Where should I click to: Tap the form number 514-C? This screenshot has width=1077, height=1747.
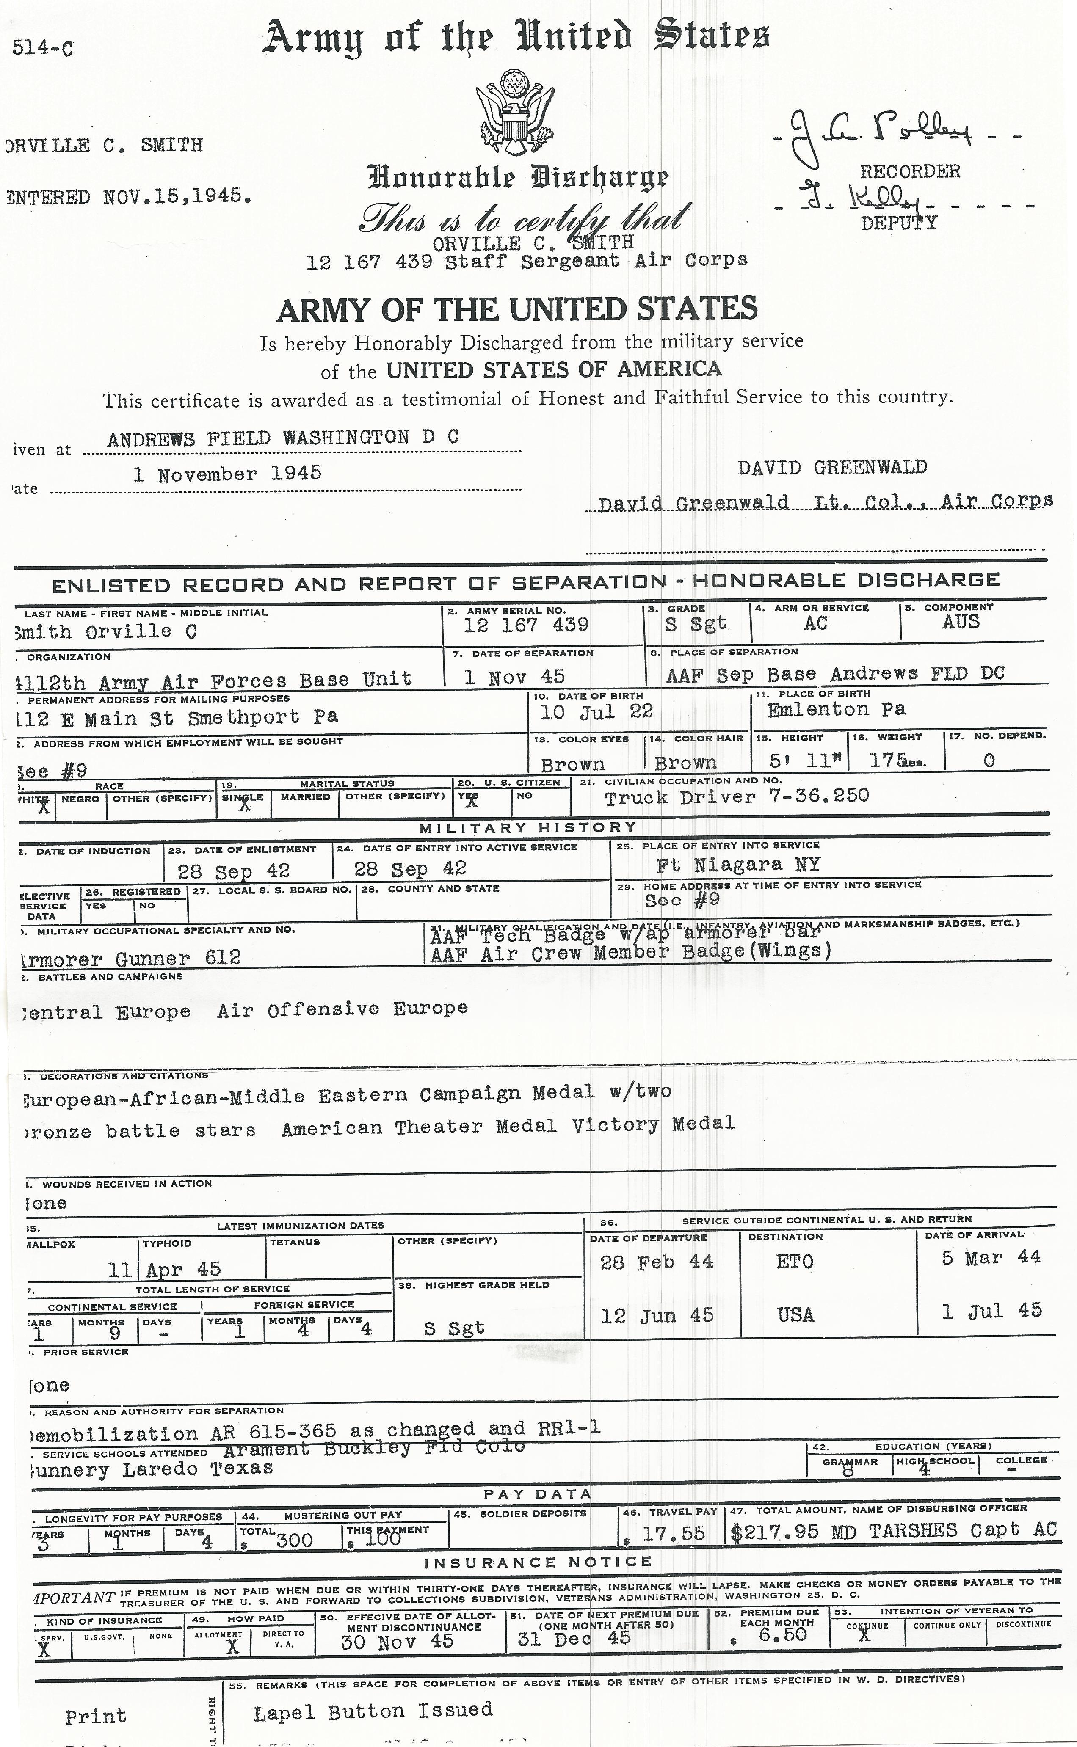43,48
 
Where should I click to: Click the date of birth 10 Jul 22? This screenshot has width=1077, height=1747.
596,711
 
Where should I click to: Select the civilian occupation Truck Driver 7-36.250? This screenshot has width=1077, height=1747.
737,796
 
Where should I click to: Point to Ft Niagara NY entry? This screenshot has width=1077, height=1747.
738,865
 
